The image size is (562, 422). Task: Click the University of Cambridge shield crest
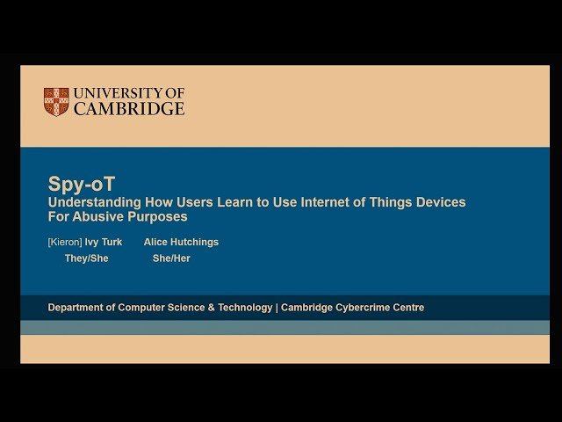click(56, 101)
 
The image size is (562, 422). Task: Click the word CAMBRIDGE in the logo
click(129, 109)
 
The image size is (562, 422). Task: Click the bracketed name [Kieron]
click(64, 242)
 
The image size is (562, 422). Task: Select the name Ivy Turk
click(104, 242)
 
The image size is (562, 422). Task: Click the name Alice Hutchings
click(181, 242)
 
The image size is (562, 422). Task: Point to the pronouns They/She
click(86, 258)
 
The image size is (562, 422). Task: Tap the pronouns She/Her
click(171, 258)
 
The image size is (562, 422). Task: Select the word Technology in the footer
click(240, 308)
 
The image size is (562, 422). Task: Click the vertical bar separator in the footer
click(277, 308)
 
